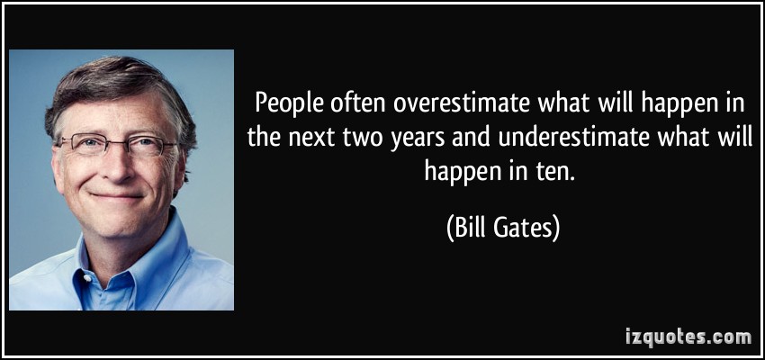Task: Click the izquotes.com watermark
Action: (x=688, y=337)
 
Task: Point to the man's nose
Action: (x=115, y=166)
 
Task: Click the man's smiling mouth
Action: (x=117, y=196)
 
